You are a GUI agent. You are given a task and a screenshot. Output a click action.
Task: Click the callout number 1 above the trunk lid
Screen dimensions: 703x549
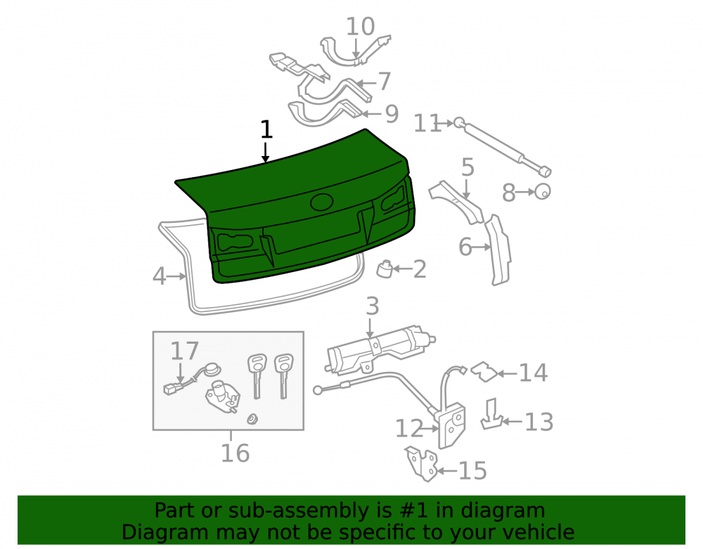point(266,129)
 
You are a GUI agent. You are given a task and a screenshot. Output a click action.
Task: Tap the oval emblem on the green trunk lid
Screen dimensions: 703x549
point(322,202)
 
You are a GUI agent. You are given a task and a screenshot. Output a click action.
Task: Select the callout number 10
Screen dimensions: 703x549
point(361,27)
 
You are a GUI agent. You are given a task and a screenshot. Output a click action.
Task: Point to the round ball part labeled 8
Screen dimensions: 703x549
point(543,191)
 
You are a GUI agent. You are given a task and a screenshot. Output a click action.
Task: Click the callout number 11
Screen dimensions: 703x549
point(427,124)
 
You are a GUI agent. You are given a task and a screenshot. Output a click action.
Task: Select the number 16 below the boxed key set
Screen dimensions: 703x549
point(235,453)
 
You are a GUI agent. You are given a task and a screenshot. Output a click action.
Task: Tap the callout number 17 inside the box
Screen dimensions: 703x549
point(184,351)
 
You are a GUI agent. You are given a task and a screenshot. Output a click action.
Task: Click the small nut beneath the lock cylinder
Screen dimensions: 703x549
point(252,419)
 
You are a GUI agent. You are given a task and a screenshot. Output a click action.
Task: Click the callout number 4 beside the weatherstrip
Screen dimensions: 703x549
point(159,276)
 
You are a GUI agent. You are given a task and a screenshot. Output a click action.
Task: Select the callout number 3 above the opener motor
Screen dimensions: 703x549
point(373,306)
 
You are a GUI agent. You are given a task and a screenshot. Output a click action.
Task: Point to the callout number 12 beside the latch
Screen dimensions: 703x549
point(409,428)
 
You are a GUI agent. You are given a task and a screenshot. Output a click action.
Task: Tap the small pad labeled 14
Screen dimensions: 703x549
point(484,372)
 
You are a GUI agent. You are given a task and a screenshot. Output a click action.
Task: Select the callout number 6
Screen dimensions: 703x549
point(465,247)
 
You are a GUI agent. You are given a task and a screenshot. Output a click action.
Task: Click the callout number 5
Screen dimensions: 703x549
point(467,167)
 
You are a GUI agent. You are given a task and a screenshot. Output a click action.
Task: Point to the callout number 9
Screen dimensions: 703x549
point(392,114)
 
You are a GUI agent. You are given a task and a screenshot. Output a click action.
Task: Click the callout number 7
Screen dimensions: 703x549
point(385,82)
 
